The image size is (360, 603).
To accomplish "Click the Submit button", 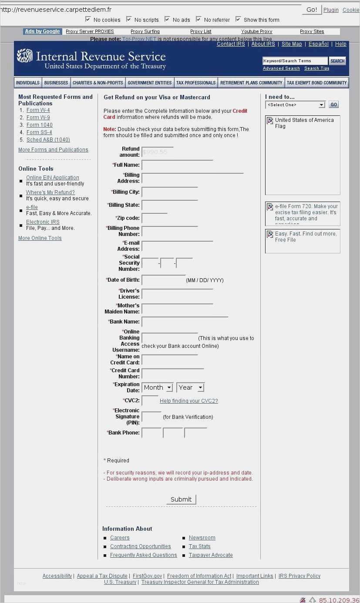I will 181,499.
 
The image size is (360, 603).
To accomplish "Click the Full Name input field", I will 177,165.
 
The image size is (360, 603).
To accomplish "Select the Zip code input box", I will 155,219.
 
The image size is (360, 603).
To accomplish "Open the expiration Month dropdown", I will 158,387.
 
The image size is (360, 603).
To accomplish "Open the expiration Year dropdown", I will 190,387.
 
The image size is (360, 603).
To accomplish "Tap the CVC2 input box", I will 150,401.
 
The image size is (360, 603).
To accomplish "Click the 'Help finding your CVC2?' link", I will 188,401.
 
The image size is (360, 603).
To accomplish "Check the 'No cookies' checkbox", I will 88,19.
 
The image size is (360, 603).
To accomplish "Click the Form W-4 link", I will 38,110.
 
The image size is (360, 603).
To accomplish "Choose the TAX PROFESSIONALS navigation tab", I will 195,83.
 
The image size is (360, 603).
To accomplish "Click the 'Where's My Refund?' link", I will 50,192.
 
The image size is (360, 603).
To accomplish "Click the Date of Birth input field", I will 163,280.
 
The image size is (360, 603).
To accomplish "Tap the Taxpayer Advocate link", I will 211,555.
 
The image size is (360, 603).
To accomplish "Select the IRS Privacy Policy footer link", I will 299,576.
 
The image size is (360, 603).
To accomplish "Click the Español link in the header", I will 319,44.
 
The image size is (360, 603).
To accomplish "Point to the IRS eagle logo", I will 24,55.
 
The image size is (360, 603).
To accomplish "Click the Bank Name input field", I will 185,322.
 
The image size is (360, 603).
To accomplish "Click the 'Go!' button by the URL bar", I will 312,10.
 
